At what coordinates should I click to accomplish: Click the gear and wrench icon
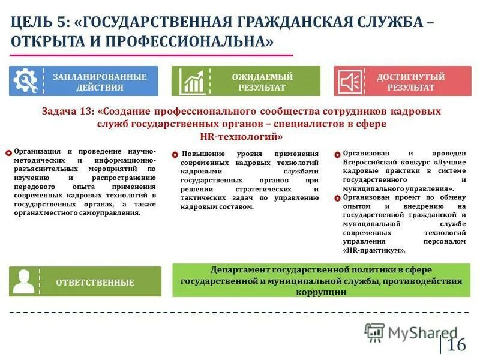point(25,81)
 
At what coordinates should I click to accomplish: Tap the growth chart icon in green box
point(193,81)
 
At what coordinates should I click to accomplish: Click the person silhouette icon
point(24,281)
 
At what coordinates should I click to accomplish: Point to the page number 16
point(456,345)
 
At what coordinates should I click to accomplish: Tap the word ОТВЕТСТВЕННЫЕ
point(95,283)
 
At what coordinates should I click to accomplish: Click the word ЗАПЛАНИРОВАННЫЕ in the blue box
point(100,77)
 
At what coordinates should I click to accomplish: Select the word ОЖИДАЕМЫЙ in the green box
point(262,77)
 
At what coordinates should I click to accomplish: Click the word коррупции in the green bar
point(321,292)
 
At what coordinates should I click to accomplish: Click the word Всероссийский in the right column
point(370,162)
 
